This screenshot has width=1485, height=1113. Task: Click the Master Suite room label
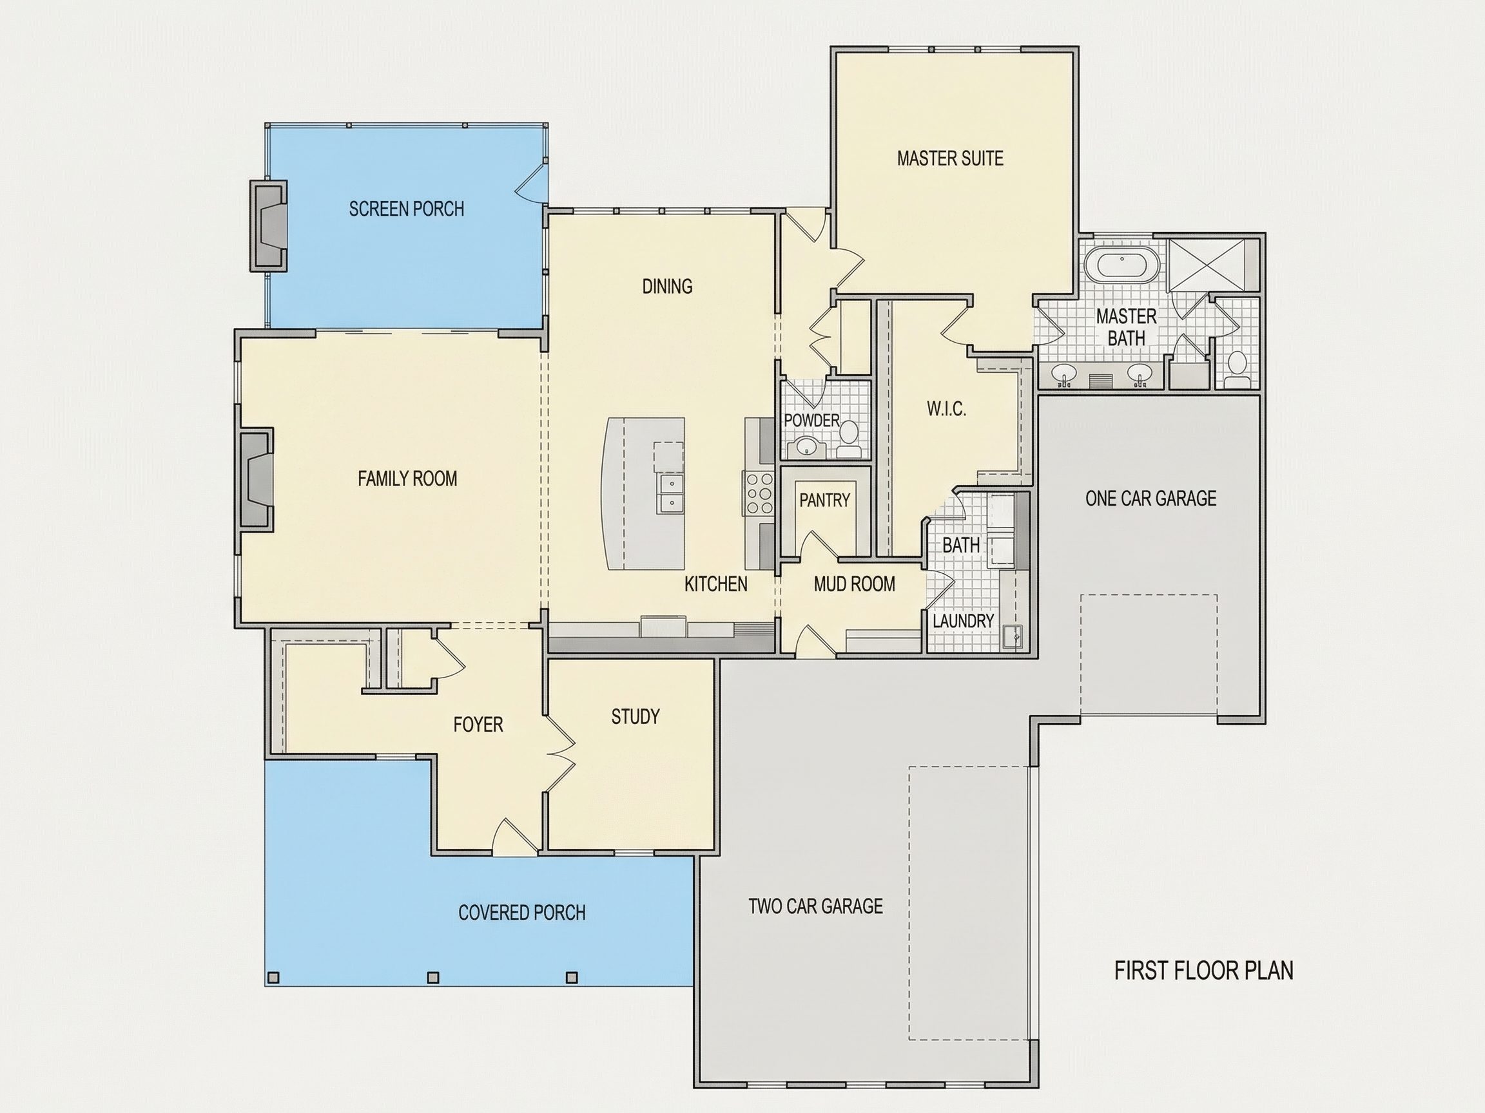tap(950, 158)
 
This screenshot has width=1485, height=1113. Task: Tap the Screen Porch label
tap(406, 209)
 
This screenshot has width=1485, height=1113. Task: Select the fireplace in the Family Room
tap(255, 482)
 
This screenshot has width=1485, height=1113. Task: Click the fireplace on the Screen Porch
tap(269, 225)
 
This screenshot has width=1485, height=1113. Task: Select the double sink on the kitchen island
tap(672, 493)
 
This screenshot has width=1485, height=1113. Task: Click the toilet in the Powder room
tap(849, 439)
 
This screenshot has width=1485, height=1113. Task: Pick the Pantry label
tap(824, 500)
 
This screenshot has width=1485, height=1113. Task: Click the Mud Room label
tap(854, 584)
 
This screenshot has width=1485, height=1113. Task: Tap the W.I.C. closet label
tap(947, 408)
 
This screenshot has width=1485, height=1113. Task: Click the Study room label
tap(635, 716)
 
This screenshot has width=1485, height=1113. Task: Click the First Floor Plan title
tap(1204, 971)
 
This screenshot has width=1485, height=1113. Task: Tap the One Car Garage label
tap(1150, 499)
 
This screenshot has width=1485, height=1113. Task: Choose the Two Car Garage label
tap(816, 906)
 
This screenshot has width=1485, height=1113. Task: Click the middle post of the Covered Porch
tap(433, 978)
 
